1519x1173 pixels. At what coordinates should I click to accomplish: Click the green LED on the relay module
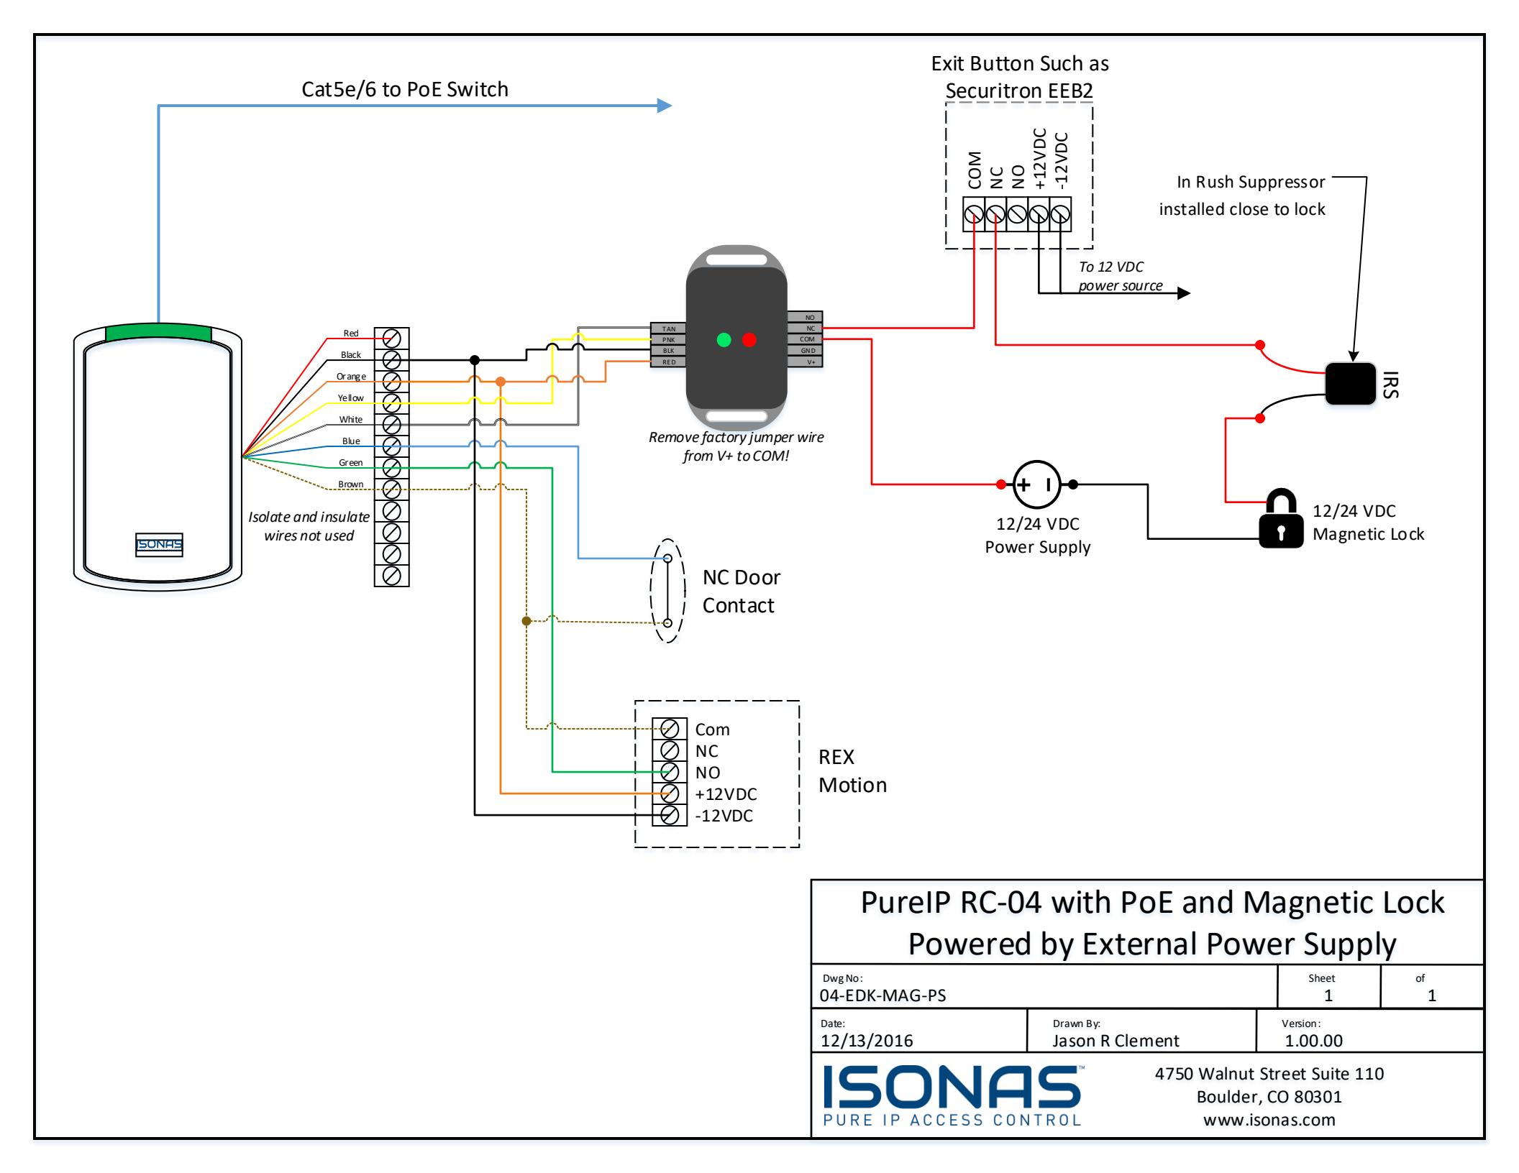(x=724, y=339)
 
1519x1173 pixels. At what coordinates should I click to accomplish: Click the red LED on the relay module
(x=749, y=339)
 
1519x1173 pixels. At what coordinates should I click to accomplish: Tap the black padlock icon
(x=1281, y=519)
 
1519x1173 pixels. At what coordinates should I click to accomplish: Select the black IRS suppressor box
(x=1350, y=384)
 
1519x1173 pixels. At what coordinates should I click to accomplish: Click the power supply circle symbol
(x=1036, y=484)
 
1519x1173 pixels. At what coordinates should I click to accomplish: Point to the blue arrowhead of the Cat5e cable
(x=665, y=106)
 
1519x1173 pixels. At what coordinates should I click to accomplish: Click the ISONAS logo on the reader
(x=160, y=545)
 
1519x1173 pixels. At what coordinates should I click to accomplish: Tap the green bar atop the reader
(x=158, y=332)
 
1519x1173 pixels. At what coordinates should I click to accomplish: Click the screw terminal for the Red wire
(x=392, y=338)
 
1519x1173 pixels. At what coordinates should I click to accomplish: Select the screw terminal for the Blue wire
(x=392, y=446)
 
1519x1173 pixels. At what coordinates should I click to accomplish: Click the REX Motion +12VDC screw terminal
(x=670, y=793)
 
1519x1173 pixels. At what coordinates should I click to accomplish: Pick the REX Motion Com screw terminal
(x=670, y=729)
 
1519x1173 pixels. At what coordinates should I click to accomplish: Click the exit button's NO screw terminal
(x=1017, y=214)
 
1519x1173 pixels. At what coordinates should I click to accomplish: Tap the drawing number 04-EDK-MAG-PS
(x=882, y=995)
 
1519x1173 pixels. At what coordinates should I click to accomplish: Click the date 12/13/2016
(x=867, y=1041)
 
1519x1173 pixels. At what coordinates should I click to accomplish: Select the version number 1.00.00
(x=1313, y=1041)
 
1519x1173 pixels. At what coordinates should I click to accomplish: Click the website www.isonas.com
(x=1269, y=1120)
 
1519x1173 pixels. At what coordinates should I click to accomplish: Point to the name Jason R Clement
(x=1116, y=1041)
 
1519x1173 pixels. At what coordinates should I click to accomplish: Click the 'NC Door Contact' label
(x=741, y=591)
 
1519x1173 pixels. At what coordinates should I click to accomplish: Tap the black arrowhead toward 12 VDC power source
(x=1183, y=293)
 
